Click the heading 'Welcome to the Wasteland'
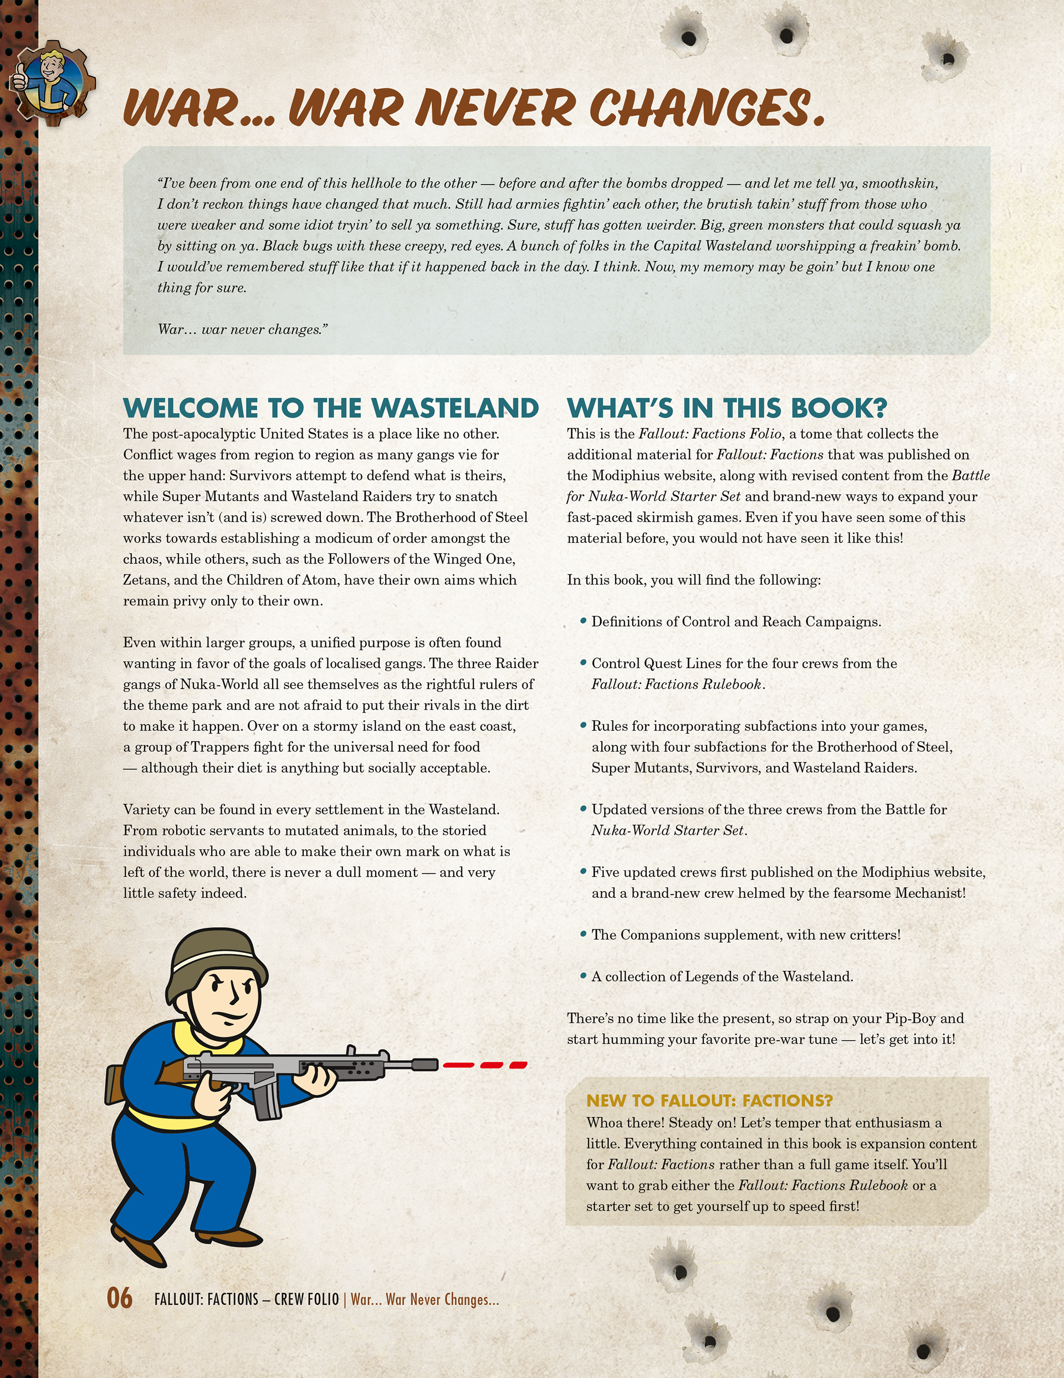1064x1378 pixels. coord(330,408)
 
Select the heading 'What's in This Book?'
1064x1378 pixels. coord(727,408)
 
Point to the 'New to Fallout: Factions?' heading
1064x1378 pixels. coord(709,1100)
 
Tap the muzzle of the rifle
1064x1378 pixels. coord(427,1065)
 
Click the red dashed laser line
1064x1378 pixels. coord(484,1065)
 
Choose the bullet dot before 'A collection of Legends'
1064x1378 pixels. coord(584,976)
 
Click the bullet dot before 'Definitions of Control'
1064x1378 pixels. coord(584,622)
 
